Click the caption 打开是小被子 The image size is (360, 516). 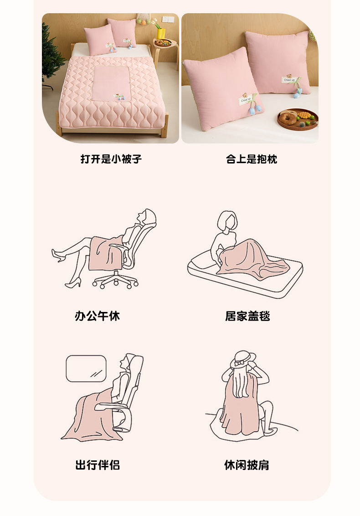point(111,159)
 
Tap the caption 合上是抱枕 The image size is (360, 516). point(252,159)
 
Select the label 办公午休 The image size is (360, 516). point(97,316)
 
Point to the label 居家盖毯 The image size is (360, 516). point(248,316)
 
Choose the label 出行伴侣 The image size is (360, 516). point(98,465)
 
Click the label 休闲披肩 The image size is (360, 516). point(247,465)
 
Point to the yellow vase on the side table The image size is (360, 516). point(161,33)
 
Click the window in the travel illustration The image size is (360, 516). point(86,368)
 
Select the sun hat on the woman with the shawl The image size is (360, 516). point(243,359)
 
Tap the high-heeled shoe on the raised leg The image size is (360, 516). point(57,255)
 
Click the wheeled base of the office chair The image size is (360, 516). point(115,281)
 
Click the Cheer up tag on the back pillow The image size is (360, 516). point(289,80)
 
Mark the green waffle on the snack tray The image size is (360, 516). point(303,116)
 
